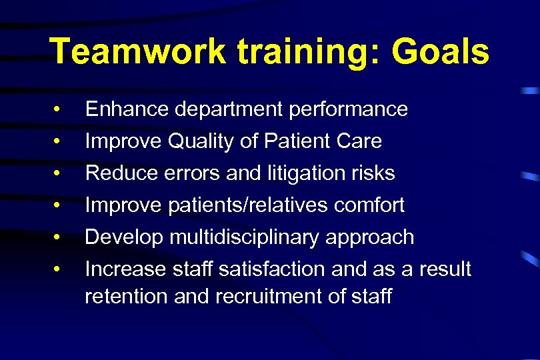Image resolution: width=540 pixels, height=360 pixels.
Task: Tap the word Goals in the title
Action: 440,52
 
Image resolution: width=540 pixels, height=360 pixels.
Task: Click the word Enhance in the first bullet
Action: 125,109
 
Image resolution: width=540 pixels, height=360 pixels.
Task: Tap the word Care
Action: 359,141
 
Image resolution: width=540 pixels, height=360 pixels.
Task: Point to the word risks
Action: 373,173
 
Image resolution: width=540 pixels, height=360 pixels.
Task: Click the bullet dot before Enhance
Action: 59,109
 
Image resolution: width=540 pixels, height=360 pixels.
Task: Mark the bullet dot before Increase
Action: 59,269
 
